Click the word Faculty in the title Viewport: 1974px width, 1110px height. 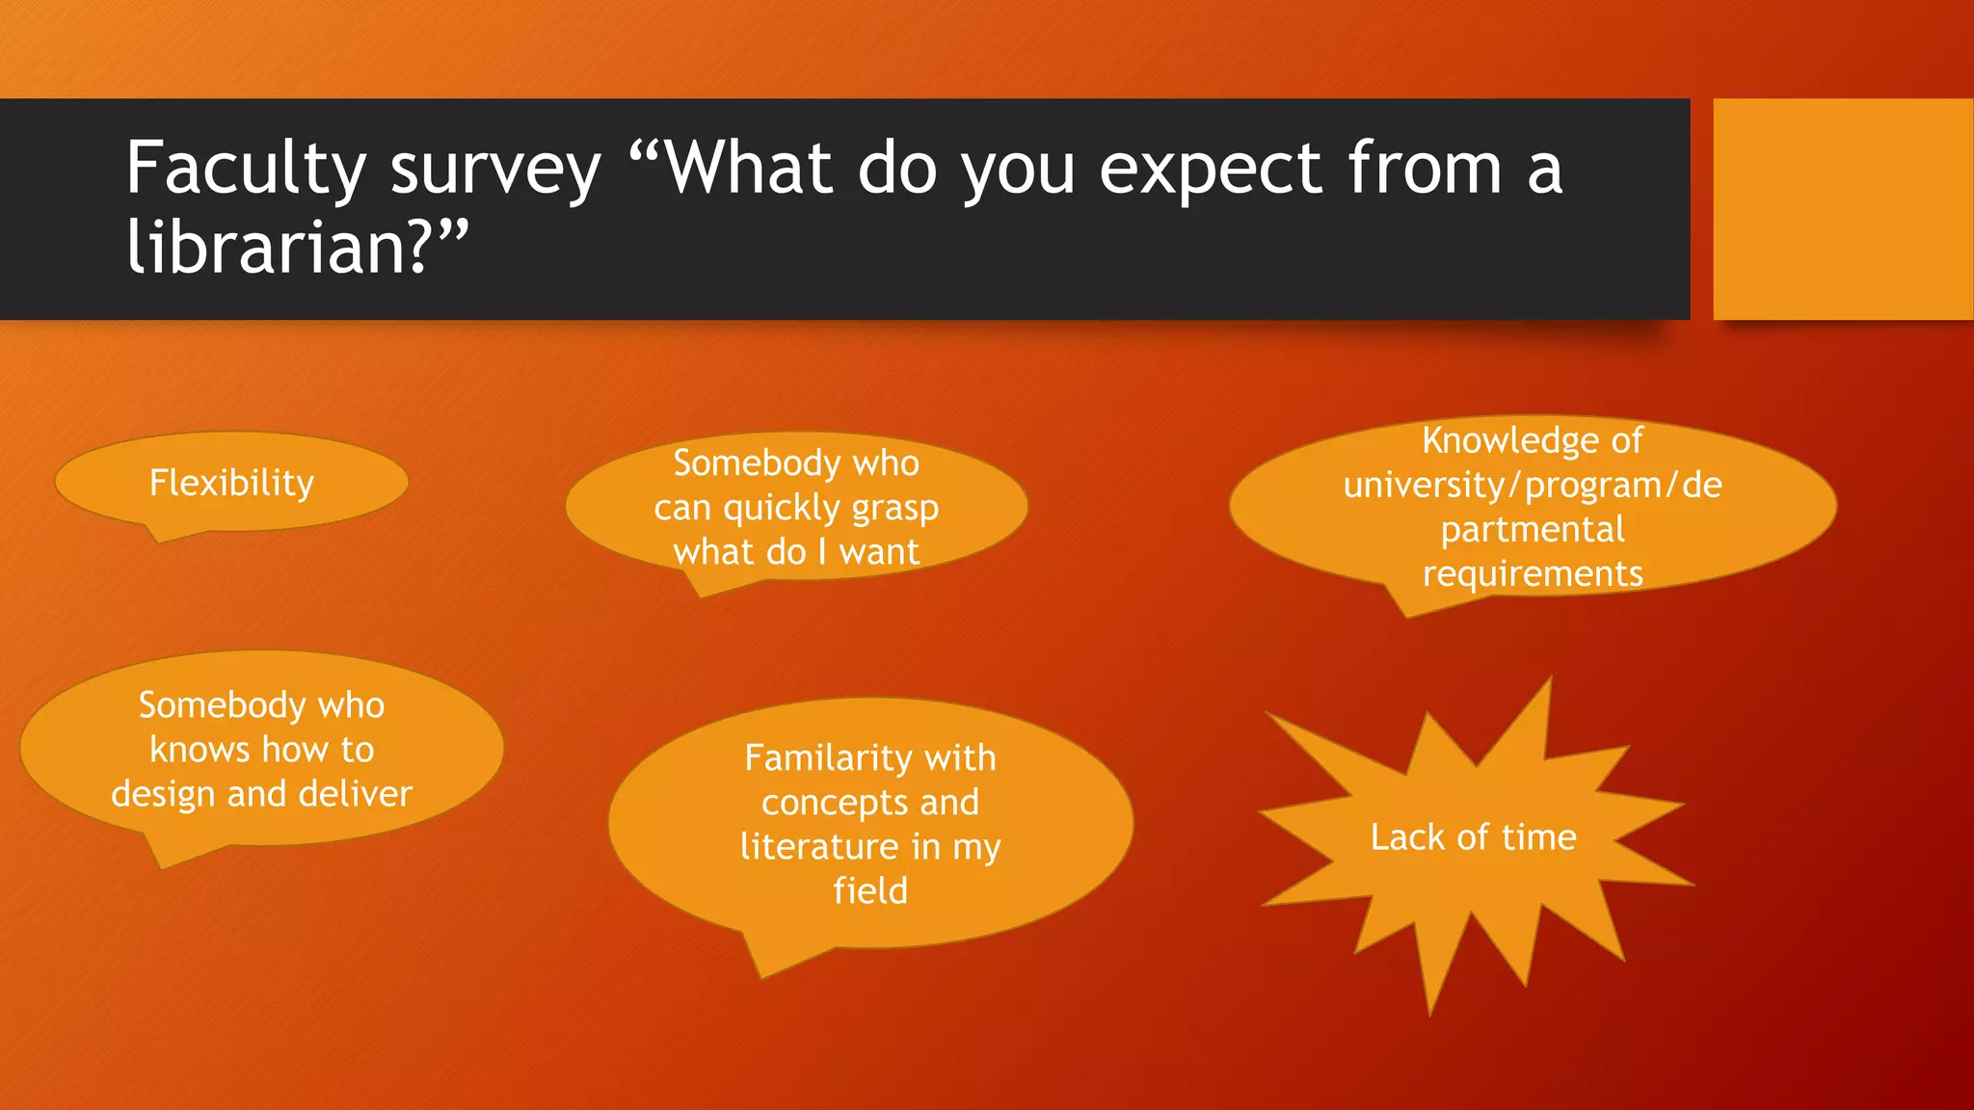tap(246, 170)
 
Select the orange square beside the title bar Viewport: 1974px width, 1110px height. tap(1842, 208)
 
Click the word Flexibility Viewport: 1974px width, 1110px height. tap(231, 483)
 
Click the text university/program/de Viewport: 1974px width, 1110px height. tap(1533, 485)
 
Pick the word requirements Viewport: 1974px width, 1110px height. tap(1533, 574)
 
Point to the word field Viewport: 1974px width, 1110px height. tap(870, 891)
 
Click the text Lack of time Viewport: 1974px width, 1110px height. tap(1473, 837)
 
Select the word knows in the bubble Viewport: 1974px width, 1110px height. tap(200, 750)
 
